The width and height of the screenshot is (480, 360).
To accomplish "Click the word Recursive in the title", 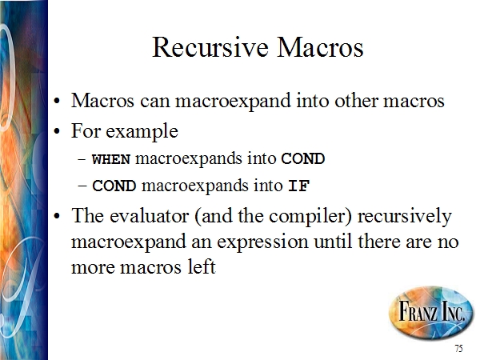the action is coord(210,47).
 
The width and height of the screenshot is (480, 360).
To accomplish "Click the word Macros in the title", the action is coord(320,47).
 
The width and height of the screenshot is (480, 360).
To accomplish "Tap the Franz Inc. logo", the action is coord(430,313).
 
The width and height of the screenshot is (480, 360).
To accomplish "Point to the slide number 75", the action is coord(458,348).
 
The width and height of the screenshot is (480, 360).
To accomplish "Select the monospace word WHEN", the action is coord(111,159).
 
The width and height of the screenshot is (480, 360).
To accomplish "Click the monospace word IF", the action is coord(299,186).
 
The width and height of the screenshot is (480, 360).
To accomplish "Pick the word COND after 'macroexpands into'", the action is coord(302,159).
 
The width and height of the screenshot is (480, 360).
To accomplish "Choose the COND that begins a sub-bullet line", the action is coord(114,186).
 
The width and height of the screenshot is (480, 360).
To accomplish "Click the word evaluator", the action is coord(149,216).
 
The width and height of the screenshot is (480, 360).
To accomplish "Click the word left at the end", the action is coord(202,266).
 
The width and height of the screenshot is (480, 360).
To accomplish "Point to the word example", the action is coord(142,132).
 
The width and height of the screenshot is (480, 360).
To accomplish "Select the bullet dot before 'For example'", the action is coord(57,132).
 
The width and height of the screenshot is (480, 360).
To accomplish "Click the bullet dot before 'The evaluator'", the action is coord(57,217).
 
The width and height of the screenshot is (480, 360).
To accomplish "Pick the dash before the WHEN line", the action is coord(82,159).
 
